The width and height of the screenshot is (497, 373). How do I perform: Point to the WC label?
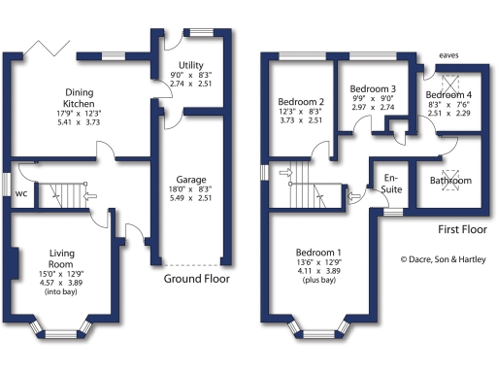coord(20,192)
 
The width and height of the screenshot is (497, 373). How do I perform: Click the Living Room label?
coord(61,258)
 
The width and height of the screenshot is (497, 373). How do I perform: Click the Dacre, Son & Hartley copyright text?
coord(446,259)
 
